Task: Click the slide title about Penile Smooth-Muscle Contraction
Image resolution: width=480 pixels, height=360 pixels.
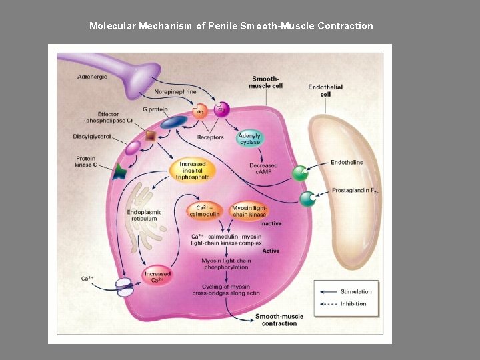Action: (231, 26)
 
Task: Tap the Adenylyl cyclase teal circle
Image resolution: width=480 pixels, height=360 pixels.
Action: (250, 139)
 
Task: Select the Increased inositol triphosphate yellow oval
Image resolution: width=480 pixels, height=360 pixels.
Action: (193, 170)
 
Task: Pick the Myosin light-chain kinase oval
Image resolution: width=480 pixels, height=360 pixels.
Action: (249, 211)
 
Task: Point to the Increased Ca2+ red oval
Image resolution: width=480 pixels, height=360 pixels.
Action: (157, 277)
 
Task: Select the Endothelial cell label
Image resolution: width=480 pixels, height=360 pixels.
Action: (325, 91)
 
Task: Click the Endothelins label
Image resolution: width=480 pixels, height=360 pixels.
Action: (347, 162)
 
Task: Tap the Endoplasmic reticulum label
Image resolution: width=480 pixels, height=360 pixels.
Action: (144, 215)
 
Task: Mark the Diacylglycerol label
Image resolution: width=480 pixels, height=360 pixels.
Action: (92, 137)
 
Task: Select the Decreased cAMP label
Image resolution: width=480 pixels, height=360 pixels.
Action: (263, 169)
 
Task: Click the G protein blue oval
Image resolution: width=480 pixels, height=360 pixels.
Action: (173, 122)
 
